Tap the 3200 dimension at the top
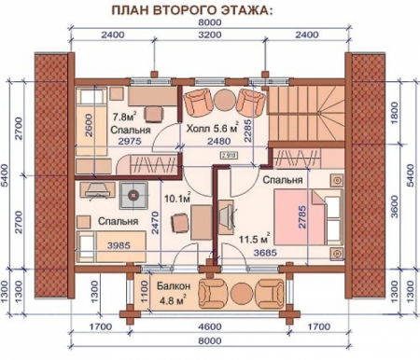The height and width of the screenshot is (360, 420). pos(209,35)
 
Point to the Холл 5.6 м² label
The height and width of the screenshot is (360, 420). pos(210,129)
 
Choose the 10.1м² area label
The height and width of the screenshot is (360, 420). pos(177,199)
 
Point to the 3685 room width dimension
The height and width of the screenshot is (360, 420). pos(262,252)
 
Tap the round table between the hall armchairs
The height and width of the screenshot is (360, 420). pos(225,99)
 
